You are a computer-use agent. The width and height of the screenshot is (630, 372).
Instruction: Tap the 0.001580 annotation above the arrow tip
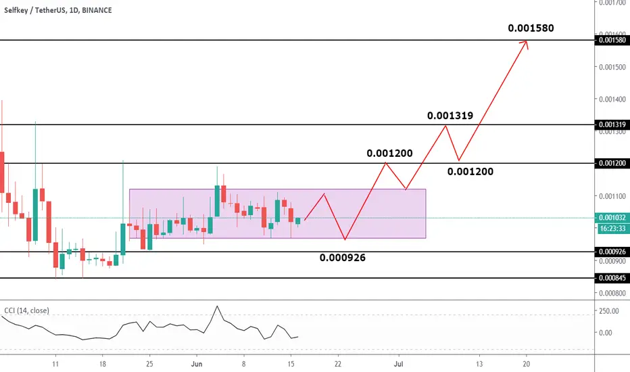point(531,28)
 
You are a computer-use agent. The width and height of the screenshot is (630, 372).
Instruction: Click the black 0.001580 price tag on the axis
point(612,40)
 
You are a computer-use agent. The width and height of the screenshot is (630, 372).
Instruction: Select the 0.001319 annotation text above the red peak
point(450,116)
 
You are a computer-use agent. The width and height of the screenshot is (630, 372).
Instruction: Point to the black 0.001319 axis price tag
point(612,124)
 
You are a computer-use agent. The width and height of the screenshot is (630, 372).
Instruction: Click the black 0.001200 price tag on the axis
point(612,163)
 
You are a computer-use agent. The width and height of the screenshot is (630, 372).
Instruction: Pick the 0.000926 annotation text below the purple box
point(342,258)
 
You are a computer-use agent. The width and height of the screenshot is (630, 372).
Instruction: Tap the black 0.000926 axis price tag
point(612,252)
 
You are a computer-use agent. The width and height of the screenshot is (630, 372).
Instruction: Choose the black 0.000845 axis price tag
point(612,277)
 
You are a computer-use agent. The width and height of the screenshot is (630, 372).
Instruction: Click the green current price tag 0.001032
point(612,218)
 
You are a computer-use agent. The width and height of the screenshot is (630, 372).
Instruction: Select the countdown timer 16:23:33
point(612,229)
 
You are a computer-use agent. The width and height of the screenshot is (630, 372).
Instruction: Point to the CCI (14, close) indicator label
point(27,310)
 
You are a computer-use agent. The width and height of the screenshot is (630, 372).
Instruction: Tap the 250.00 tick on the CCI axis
point(608,311)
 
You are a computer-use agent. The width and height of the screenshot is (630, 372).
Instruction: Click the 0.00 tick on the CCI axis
point(606,333)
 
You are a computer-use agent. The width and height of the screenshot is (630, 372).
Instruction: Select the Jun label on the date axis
point(197,364)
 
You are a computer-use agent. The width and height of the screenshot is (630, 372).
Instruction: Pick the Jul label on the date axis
point(399,364)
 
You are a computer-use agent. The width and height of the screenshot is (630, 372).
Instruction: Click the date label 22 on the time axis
point(338,364)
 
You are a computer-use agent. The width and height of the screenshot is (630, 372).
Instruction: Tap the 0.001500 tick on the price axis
point(612,67)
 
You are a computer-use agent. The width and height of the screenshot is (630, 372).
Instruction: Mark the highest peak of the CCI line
point(218,306)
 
